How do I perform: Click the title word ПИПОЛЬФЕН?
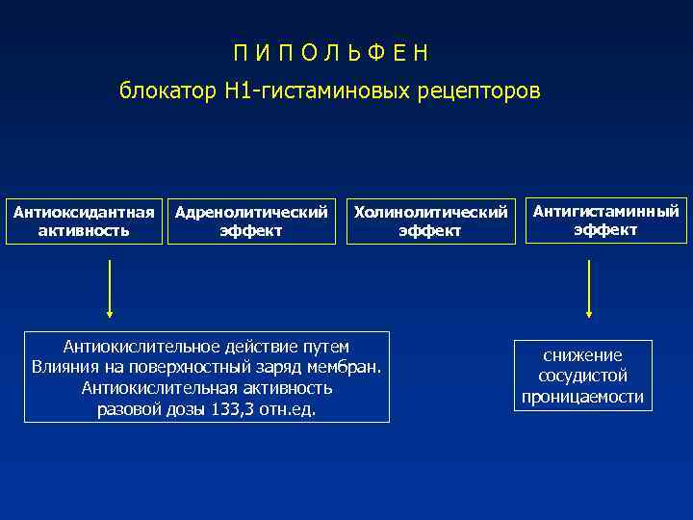pyautogui.click(x=332, y=53)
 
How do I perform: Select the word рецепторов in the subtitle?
pyautogui.click(x=481, y=91)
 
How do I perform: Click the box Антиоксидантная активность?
pyautogui.click(x=84, y=221)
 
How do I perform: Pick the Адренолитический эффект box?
pyautogui.click(x=251, y=221)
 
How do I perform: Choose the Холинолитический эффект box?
pyautogui.click(x=430, y=221)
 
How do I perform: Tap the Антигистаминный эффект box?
pyautogui.click(x=605, y=221)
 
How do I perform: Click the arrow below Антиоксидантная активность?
pyautogui.click(x=110, y=288)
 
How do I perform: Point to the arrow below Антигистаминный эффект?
pyautogui.click(x=589, y=288)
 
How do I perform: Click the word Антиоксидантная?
pyautogui.click(x=84, y=212)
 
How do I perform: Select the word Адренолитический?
pyautogui.click(x=251, y=212)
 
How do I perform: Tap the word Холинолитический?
pyautogui.click(x=430, y=212)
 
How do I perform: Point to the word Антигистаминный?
pyautogui.click(x=605, y=211)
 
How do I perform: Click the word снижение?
pyautogui.click(x=582, y=355)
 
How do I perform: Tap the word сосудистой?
pyautogui.click(x=582, y=376)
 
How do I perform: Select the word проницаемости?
pyautogui.click(x=582, y=397)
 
